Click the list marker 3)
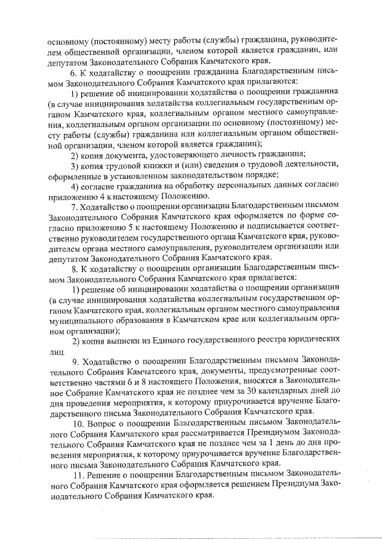75,165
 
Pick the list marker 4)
75,186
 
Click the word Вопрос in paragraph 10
101,423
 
